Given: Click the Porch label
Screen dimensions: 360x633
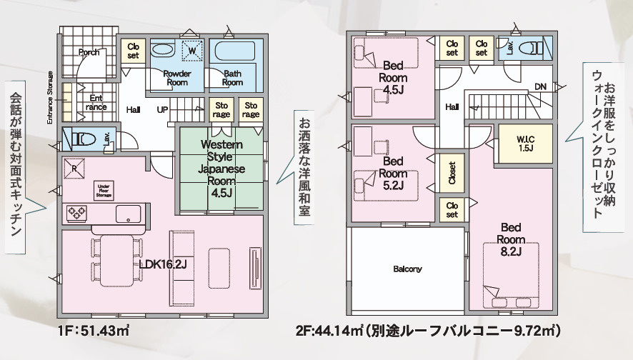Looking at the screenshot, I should (x=89, y=52).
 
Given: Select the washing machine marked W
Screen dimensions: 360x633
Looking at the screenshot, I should (x=191, y=51).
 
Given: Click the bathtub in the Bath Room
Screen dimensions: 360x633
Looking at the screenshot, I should (x=234, y=52).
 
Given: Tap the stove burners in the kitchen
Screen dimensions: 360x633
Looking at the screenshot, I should (x=76, y=212).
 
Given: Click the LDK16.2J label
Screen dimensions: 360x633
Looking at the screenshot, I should (x=163, y=265).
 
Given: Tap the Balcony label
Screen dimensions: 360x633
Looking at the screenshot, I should (x=407, y=269).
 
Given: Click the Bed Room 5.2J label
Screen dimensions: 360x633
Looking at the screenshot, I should (x=394, y=174).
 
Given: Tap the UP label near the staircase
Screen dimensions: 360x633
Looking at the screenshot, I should (x=162, y=109).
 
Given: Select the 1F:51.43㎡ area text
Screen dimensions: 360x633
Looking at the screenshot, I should (x=94, y=332).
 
